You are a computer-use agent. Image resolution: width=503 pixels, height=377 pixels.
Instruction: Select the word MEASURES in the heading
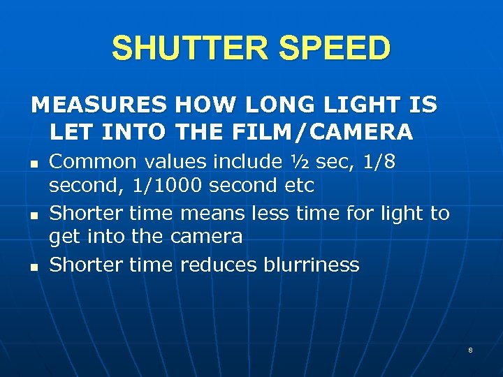[x=99, y=105]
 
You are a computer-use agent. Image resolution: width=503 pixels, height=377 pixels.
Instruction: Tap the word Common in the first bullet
[x=93, y=162]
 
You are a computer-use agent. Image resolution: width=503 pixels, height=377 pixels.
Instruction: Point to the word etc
[x=301, y=186]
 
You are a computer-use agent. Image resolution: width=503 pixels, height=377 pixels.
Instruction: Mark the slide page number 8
[x=470, y=350]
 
